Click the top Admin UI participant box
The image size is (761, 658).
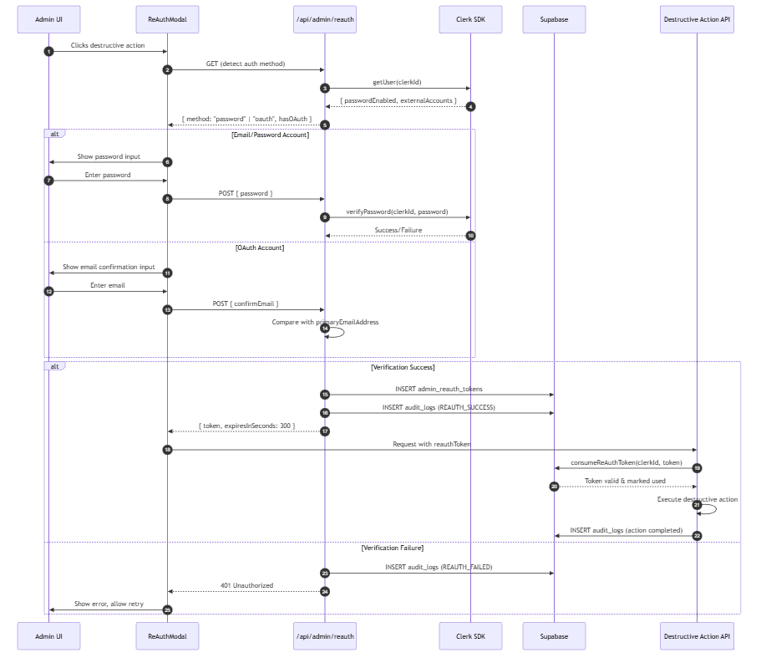pos(48,19)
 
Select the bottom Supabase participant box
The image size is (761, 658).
pos(554,636)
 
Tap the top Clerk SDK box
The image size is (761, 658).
pos(470,19)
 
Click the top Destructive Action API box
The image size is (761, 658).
pos(697,19)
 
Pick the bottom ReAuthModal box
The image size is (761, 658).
pos(167,636)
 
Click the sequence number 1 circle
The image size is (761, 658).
pos(48,52)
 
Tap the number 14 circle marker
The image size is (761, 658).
pos(325,329)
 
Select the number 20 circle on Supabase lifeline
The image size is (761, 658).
pos(554,487)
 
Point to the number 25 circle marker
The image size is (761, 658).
pos(167,610)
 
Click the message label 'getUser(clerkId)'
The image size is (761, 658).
pos(397,82)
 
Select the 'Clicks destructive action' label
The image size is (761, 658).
pos(108,45)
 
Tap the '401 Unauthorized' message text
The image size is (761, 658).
pos(246,585)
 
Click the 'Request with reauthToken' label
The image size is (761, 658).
pos(432,444)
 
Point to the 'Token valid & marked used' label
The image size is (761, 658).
pos(625,482)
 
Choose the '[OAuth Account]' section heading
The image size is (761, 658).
pos(260,247)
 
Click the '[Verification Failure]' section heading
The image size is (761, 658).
pos(392,548)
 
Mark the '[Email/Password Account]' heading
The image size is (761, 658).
pos(270,135)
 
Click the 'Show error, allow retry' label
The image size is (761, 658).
pos(109,604)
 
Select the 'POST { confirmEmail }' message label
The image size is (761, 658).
pos(246,304)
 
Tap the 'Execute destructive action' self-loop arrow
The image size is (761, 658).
pos(716,509)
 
